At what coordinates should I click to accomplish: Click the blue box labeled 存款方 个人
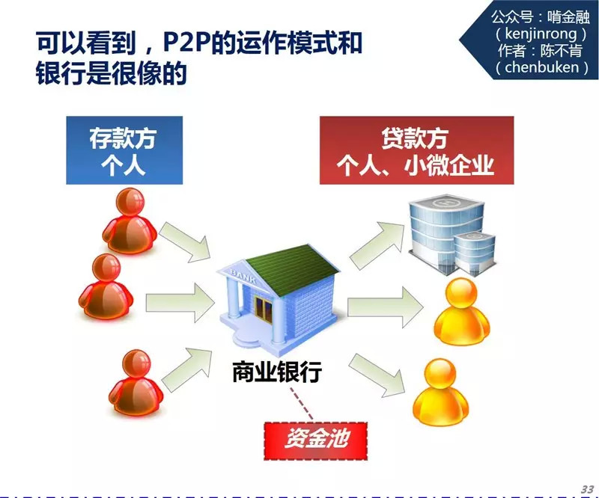(124, 150)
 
